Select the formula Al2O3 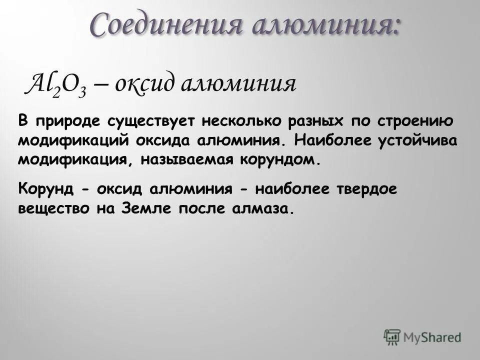coord(52,83)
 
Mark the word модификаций coord(73,141)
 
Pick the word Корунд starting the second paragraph coord(46,189)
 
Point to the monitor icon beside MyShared coord(392,336)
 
